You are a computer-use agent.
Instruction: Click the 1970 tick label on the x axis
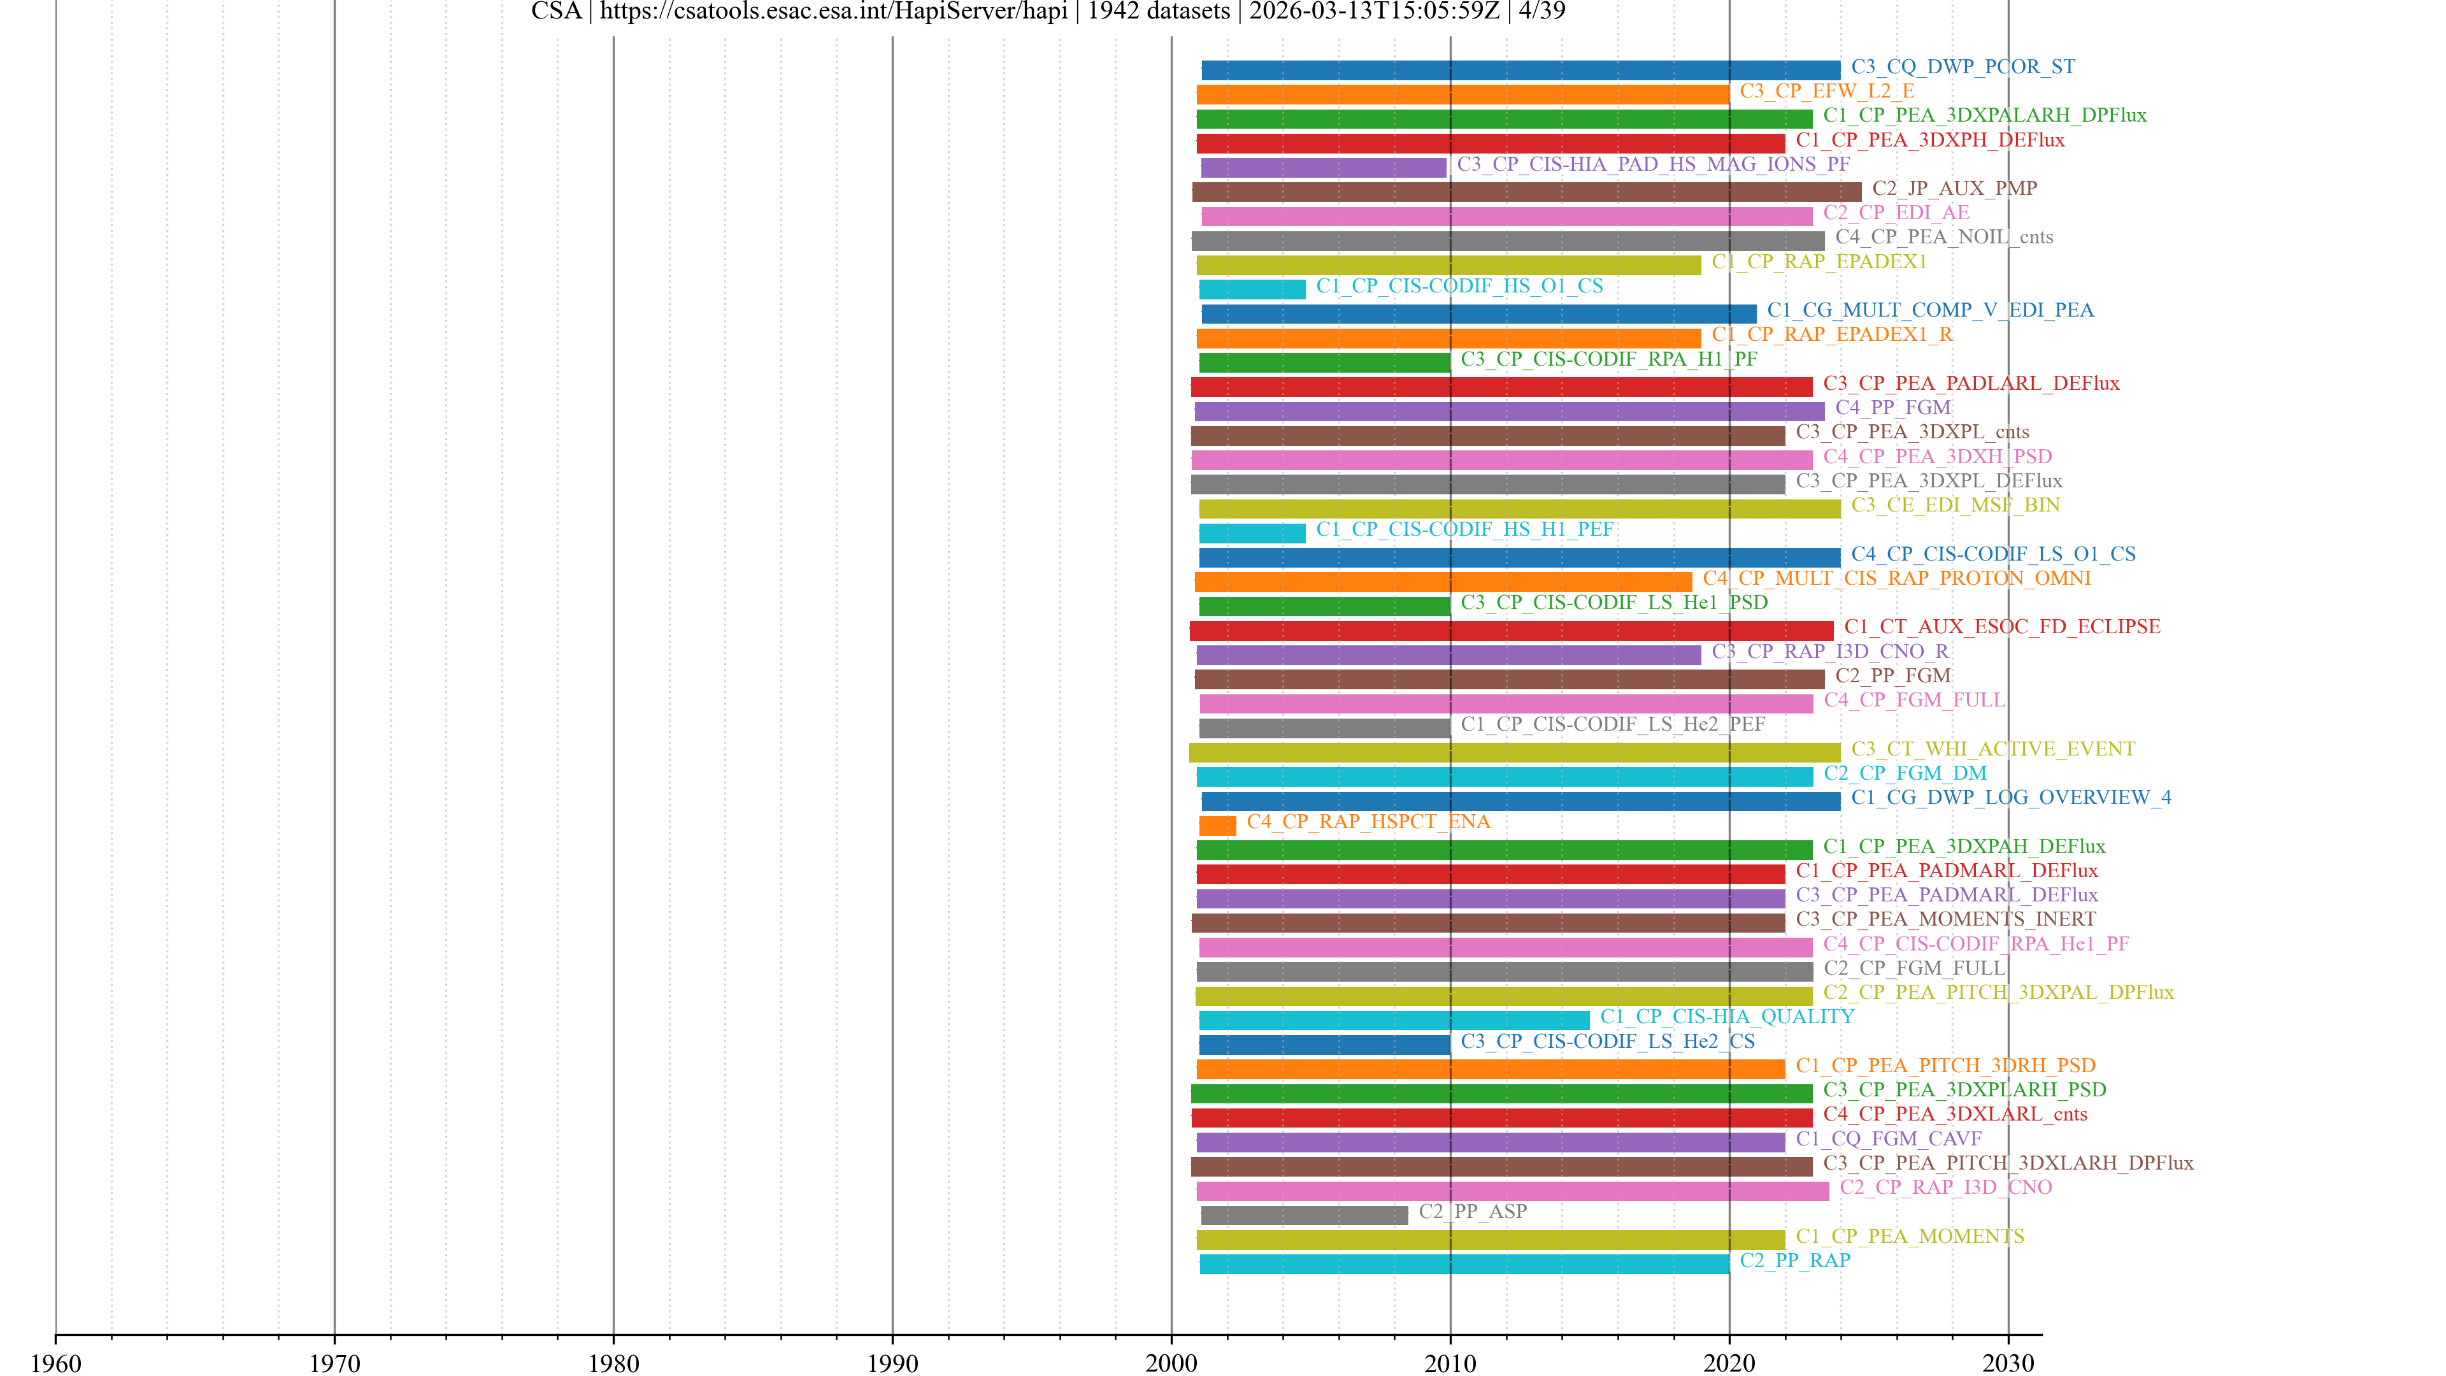[334, 1363]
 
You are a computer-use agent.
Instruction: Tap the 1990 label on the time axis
[892, 1363]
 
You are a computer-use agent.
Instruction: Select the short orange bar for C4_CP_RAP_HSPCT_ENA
[1217, 825]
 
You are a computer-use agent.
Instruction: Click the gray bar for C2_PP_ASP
[1304, 1215]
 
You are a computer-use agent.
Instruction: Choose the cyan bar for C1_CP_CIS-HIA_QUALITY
[1393, 1020]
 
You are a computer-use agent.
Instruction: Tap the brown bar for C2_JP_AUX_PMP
[1526, 192]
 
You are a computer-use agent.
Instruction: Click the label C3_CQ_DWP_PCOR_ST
[1962, 66]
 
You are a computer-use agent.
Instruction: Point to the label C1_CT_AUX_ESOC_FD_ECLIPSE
[2001, 627]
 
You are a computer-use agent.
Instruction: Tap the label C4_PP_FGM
[1892, 408]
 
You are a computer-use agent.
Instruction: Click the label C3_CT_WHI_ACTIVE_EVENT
[1992, 749]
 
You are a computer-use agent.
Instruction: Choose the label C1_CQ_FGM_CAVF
[1887, 1138]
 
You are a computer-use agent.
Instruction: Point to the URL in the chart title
[833, 11]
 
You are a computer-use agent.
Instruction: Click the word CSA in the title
[555, 11]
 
